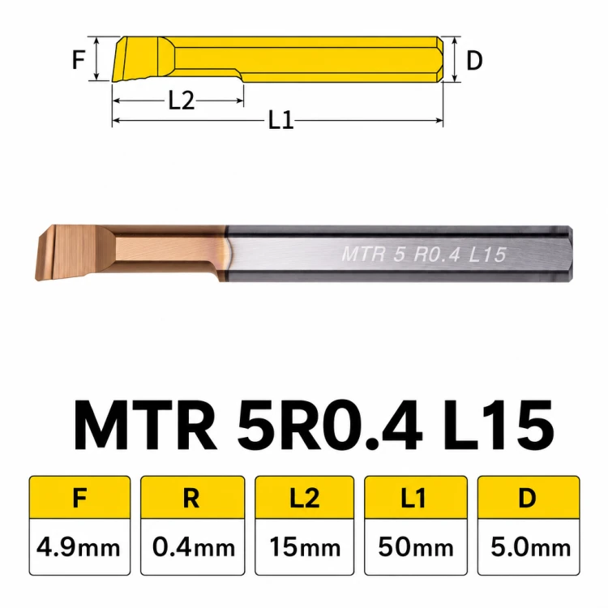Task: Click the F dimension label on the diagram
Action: click(x=79, y=60)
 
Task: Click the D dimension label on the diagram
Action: click(x=474, y=61)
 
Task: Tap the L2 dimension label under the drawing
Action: click(x=181, y=101)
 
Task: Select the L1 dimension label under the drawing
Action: click(x=281, y=120)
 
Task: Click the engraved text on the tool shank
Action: click(x=424, y=255)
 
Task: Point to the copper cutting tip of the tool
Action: click(x=66, y=252)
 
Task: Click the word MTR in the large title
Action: click(x=145, y=426)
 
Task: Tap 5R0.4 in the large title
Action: click(x=330, y=426)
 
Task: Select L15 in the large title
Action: click(x=499, y=426)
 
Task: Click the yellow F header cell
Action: click(x=79, y=498)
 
